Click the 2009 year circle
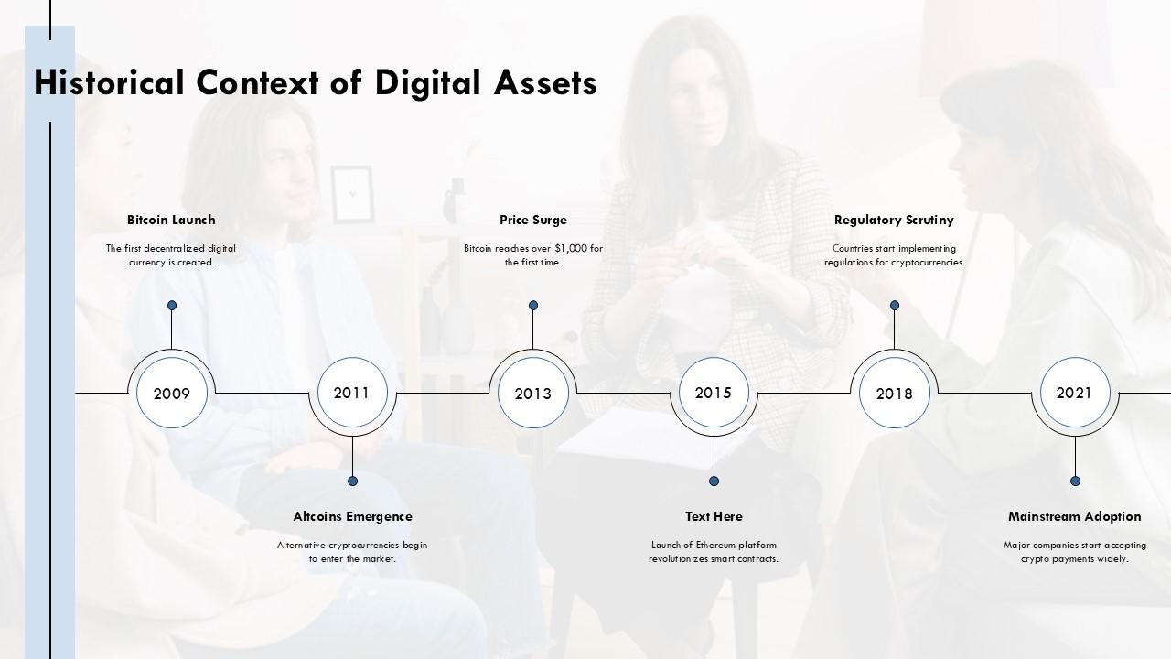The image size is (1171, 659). pyautogui.click(x=172, y=393)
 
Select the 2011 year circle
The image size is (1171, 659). pyautogui.click(x=352, y=393)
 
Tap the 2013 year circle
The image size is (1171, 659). pyautogui.click(x=533, y=393)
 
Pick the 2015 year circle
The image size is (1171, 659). pyautogui.click(x=714, y=393)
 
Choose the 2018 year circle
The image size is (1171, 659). pyautogui.click(x=895, y=393)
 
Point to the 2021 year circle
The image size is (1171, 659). pyautogui.click(x=1075, y=393)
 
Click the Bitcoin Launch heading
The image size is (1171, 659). pyautogui.click(x=171, y=221)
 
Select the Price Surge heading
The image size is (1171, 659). pyautogui.click(x=533, y=221)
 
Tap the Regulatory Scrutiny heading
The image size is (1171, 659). pyautogui.click(x=894, y=221)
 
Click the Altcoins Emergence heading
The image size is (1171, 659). pyautogui.click(x=353, y=517)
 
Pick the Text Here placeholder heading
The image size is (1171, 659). pyautogui.click(x=714, y=517)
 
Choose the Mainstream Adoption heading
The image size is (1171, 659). pyautogui.click(x=1075, y=517)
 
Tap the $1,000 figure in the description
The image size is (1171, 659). pyautogui.click(x=571, y=248)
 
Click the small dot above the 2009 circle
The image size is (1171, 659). pyautogui.click(x=172, y=306)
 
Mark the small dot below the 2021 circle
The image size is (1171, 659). pyautogui.click(x=1075, y=481)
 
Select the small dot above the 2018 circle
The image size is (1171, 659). pyautogui.click(x=895, y=306)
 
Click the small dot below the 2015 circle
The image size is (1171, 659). pyautogui.click(x=714, y=481)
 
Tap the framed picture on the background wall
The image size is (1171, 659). pyautogui.click(x=353, y=195)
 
